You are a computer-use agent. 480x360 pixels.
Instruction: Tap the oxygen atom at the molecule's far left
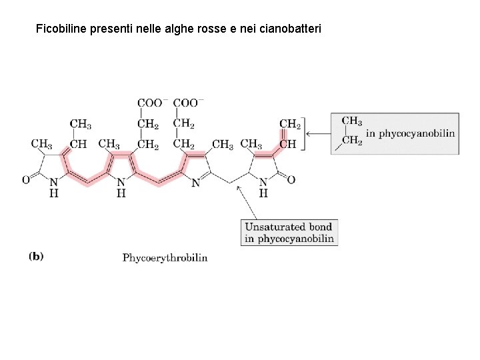pos(25,180)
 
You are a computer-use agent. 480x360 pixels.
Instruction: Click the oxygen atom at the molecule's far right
pos(291,180)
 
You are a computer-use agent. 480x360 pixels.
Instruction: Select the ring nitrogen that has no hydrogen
pos(195,182)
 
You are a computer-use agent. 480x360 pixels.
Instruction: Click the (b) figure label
pos(36,256)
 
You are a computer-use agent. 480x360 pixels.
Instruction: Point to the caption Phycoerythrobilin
pos(165,257)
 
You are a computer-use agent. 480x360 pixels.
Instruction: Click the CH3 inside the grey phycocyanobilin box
pos(351,121)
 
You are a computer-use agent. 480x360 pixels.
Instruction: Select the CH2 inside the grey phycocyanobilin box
pos(351,140)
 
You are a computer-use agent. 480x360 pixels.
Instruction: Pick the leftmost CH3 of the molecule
pos(41,144)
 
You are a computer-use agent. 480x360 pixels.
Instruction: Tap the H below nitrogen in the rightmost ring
pos(263,193)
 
